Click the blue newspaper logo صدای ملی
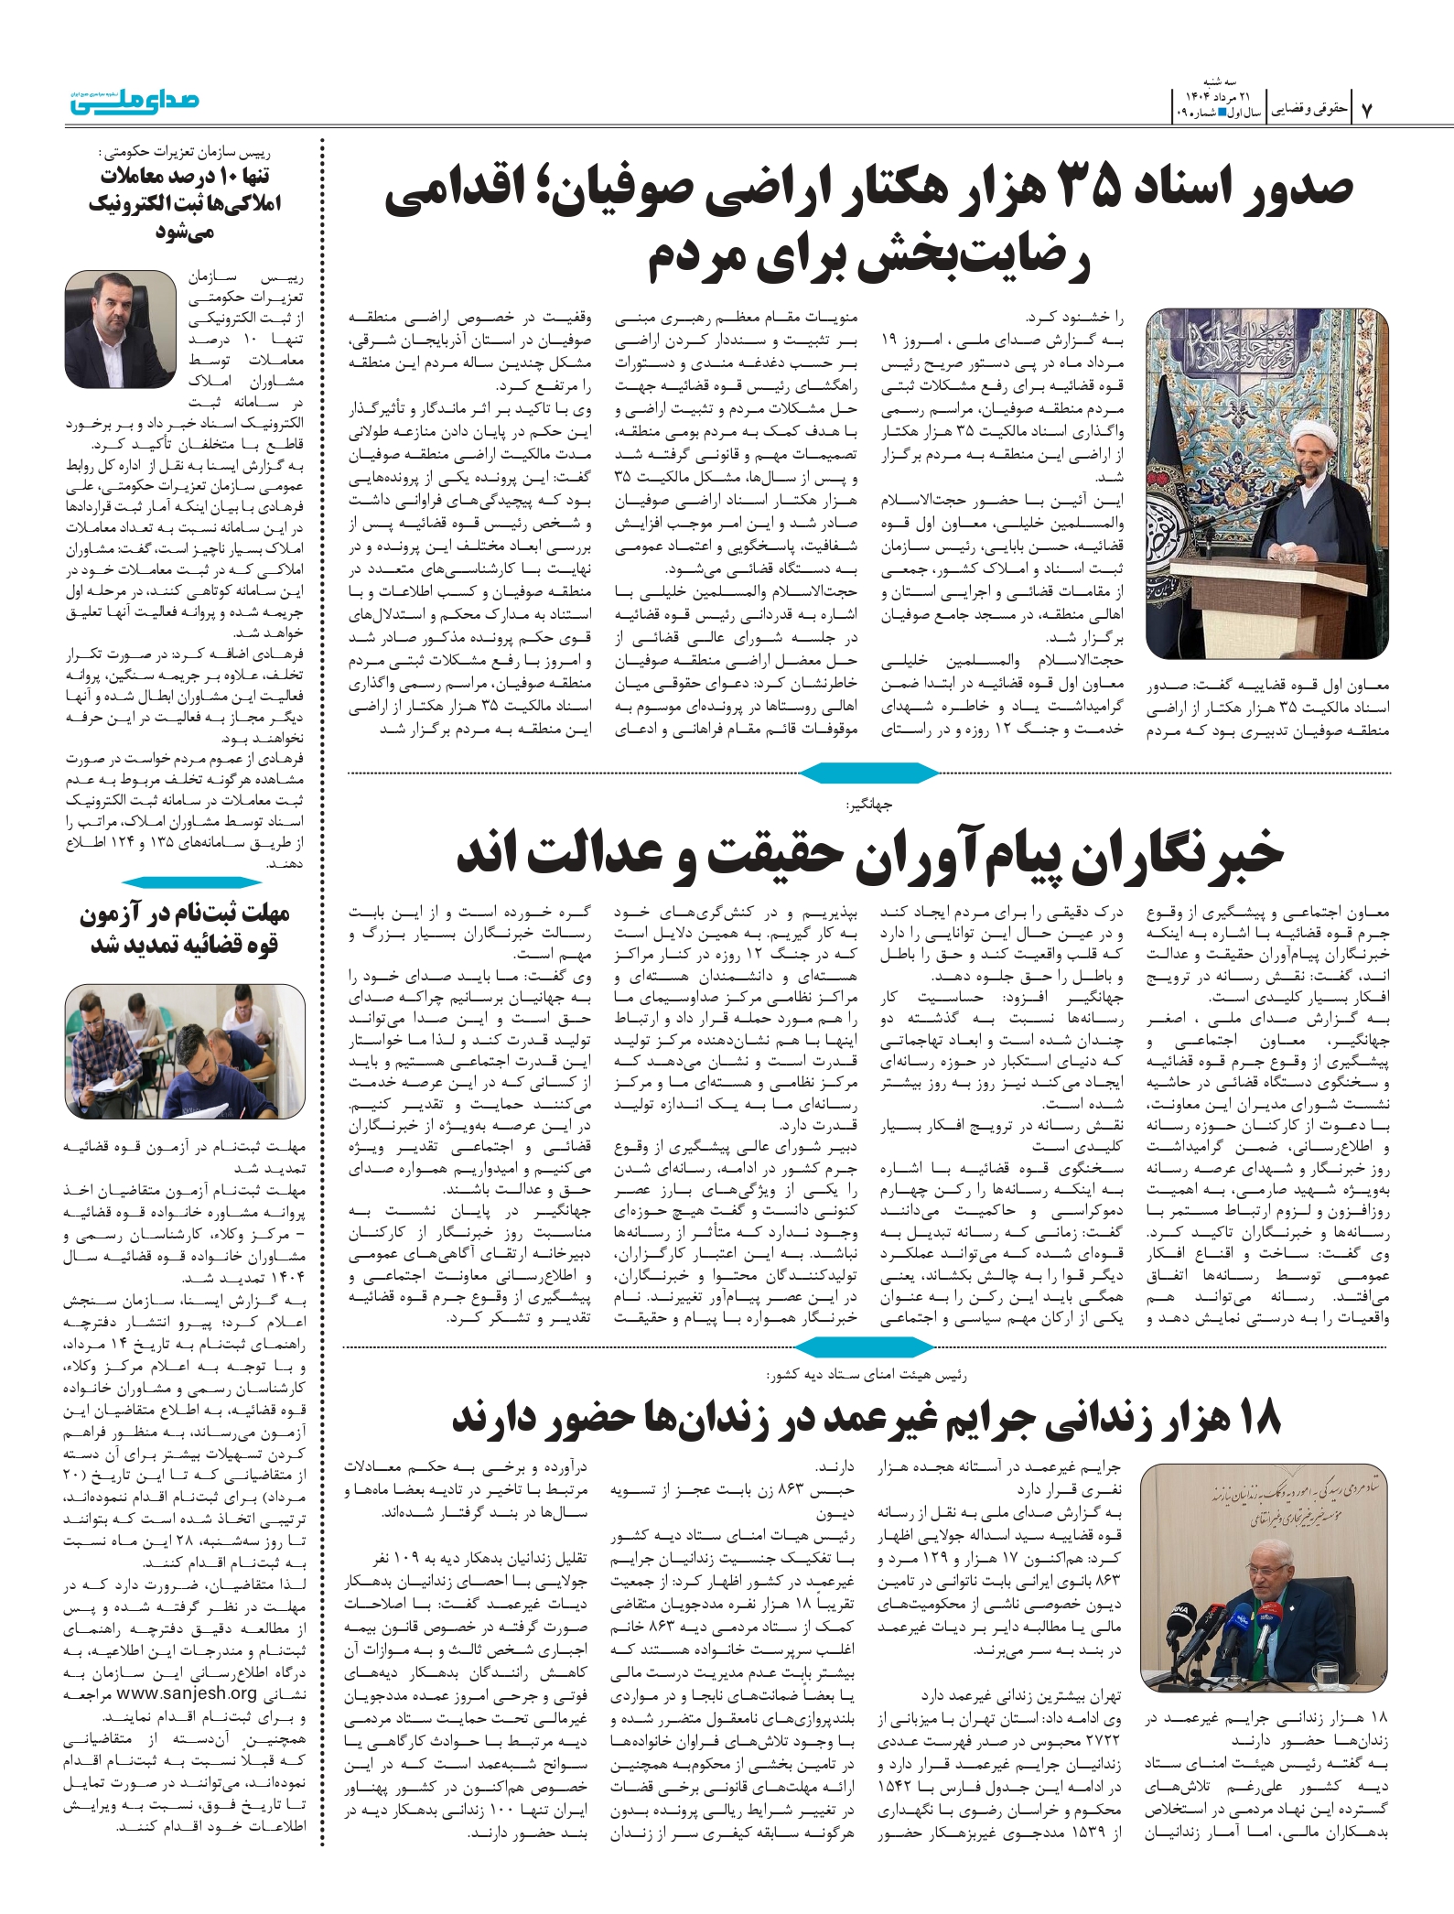click(x=135, y=101)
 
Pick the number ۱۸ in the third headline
click(x=1258, y=1418)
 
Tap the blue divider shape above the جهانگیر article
click(x=868, y=773)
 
